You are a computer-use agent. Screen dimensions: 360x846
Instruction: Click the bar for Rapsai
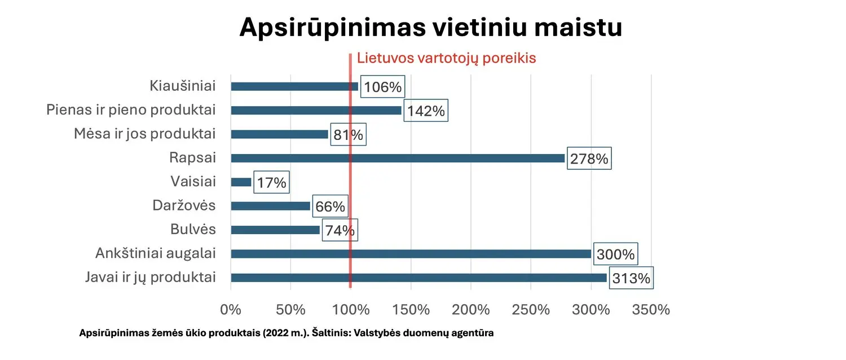398,159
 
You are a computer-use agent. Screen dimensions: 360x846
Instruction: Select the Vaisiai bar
241,182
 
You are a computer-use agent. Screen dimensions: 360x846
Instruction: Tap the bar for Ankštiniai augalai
411,254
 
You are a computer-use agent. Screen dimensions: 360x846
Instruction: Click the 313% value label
631,278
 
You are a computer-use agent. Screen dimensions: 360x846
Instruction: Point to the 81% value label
347,135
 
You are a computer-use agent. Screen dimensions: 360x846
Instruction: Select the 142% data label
426,111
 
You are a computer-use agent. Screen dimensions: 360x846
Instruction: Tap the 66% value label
330,207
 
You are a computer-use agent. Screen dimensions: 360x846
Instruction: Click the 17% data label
272,183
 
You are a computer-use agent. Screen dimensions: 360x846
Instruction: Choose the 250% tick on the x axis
531,310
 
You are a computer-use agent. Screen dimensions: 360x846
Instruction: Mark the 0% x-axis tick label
231,310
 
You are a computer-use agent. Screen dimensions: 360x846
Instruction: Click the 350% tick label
651,310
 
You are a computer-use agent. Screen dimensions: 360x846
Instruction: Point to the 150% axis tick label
411,310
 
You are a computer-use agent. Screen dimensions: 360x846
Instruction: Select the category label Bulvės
193,230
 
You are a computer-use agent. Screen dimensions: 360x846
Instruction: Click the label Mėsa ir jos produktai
145,134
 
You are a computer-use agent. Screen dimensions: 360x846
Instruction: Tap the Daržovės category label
184,205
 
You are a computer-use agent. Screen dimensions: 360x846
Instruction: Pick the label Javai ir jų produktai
150,277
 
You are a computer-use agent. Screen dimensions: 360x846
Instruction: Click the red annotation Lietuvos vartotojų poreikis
446,58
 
